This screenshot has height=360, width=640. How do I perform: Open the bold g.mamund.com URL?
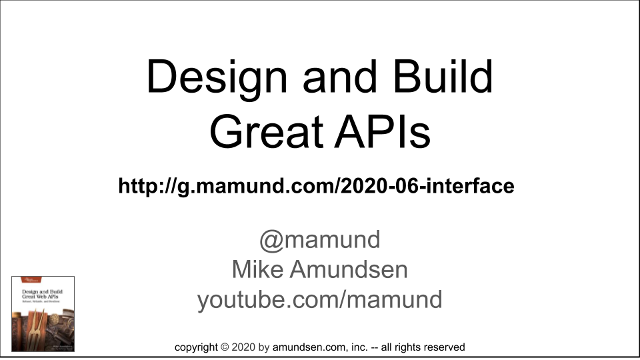tap(316, 186)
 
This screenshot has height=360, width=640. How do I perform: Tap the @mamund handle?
tap(320, 239)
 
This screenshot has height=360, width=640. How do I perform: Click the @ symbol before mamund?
tap(271, 239)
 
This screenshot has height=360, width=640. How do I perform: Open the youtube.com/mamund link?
tap(320, 299)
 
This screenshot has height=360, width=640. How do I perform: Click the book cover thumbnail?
tap(43, 313)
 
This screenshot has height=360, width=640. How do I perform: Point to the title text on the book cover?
tap(43, 294)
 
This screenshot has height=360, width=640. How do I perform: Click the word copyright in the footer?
tap(196, 347)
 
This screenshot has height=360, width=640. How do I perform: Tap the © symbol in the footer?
tap(225, 347)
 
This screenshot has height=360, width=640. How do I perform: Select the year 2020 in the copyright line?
tap(244, 347)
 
